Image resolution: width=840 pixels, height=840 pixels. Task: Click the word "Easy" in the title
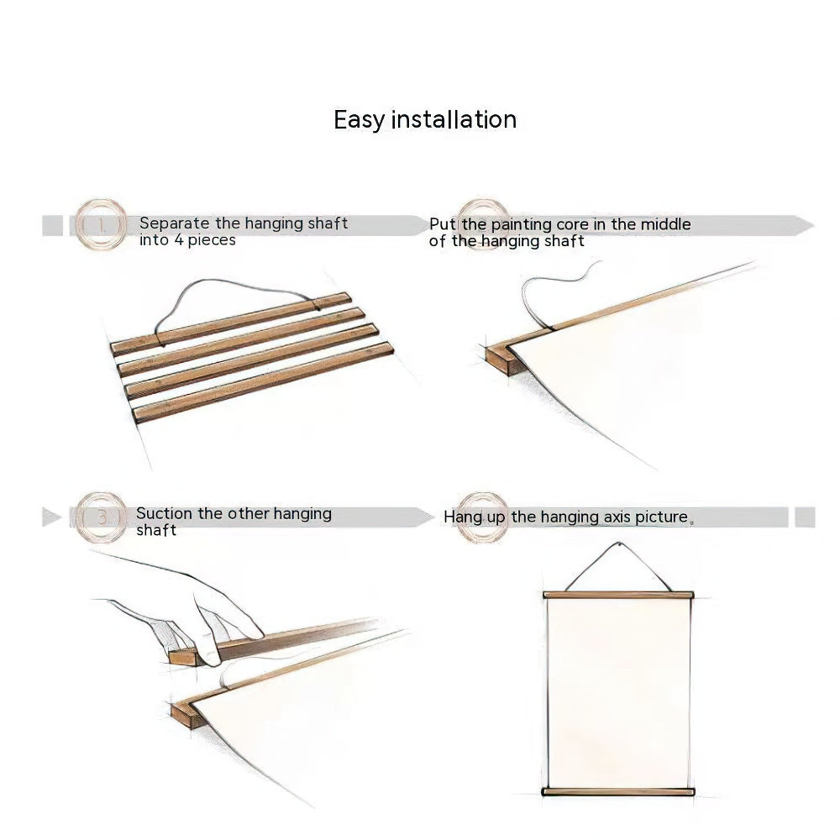tap(359, 120)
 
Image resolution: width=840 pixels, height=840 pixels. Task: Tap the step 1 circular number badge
tap(101, 225)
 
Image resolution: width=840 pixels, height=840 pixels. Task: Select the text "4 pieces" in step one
tap(205, 240)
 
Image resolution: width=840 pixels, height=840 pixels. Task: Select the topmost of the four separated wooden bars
tap(231, 323)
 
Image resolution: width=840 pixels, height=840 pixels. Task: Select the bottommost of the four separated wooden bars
tap(264, 382)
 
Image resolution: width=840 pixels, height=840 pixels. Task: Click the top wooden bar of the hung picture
tap(618, 595)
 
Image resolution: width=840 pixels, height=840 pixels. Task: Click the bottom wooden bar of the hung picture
tap(618, 791)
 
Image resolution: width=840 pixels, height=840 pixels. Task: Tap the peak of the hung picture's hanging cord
tap(618, 546)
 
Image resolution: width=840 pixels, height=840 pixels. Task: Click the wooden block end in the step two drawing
tap(501, 360)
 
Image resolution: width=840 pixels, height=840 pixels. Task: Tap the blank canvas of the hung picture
tap(618, 693)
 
